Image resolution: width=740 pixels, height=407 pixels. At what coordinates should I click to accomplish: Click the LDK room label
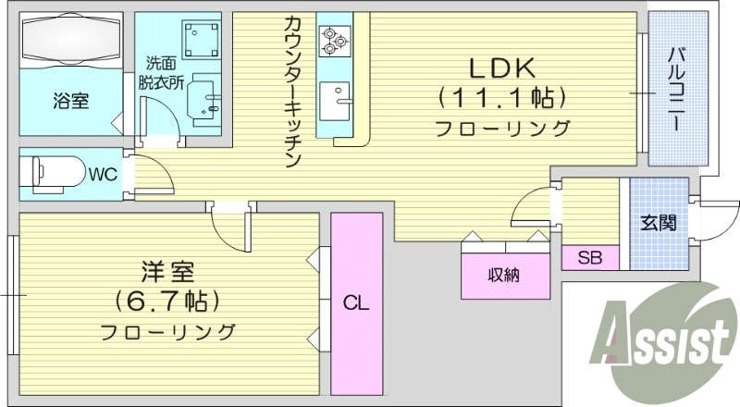click(502, 68)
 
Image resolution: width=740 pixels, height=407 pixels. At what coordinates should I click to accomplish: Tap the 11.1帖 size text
click(502, 97)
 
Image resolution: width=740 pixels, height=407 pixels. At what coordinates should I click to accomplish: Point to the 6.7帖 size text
click(166, 301)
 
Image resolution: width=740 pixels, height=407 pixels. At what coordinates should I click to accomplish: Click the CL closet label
click(356, 302)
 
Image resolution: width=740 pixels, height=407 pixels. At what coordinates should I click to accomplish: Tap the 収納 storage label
click(503, 274)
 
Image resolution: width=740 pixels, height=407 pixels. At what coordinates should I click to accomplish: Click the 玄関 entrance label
click(658, 222)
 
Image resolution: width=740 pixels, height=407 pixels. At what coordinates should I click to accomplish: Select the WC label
click(103, 172)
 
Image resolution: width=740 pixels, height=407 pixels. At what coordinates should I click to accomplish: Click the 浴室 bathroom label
click(70, 101)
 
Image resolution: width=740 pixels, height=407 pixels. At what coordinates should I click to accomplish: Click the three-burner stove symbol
click(331, 38)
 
